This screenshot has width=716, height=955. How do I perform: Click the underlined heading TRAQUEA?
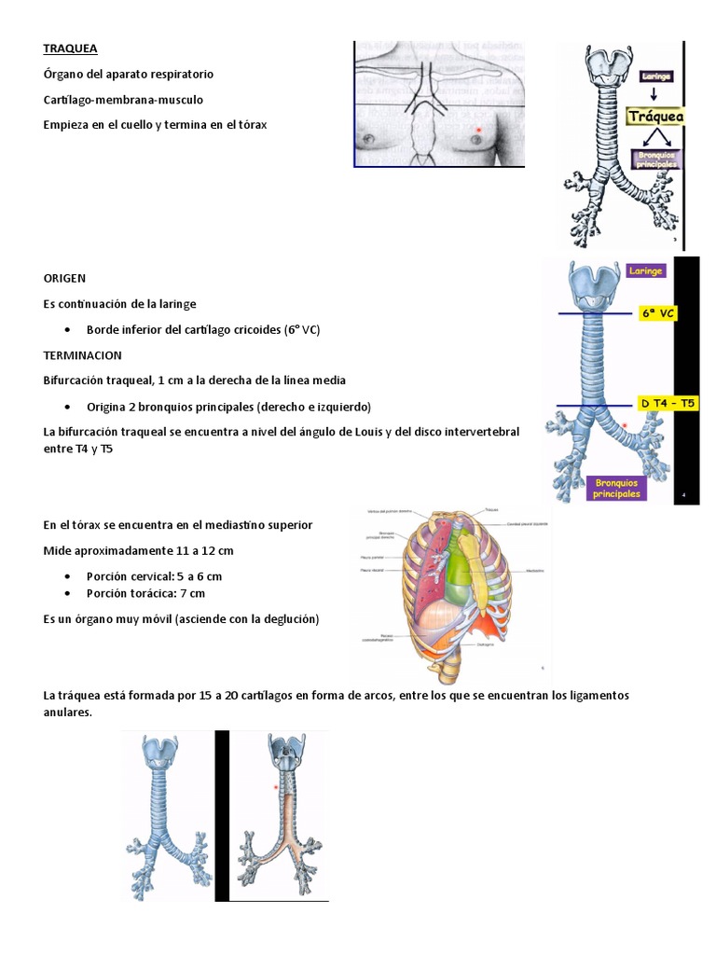pos(70,48)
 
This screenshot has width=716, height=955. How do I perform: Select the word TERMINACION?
pos(82,355)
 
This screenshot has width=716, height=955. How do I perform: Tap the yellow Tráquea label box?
pos(655,117)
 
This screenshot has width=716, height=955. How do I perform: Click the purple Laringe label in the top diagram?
pos(657,75)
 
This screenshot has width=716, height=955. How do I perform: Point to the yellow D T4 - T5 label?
pos(668,403)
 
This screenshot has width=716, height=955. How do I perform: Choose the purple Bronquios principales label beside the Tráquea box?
pos(656,159)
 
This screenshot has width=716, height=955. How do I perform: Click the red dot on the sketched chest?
pos(478,130)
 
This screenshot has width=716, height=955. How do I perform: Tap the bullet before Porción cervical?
pos(72,576)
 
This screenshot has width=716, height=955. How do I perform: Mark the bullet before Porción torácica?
pos(72,593)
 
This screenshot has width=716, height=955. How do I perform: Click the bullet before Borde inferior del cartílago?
pos(72,330)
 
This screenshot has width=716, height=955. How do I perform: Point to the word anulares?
pos(69,713)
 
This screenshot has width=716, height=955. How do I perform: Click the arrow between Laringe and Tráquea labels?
pos(653,93)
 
